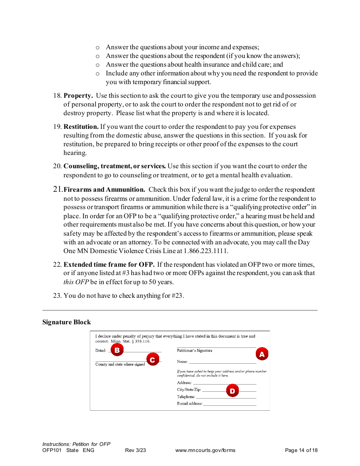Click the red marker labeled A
tap(261, 354)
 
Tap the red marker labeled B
tap(117, 350)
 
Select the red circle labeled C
tap(152, 360)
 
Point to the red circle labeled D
tap(232, 391)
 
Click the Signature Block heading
tap(67, 322)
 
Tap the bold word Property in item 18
tap(78, 96)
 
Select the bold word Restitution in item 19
tap(81, 127)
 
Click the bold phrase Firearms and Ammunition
tap(104, 190)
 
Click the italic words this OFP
tap(76, 282)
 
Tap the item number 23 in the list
tap(57, 296)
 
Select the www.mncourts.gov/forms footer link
tap(205, 450)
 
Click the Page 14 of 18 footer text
tap(301, 450)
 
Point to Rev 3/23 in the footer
tap(135, 450)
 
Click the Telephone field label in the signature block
tap(186, 397)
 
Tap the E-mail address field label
tap(189, 403)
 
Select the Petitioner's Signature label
tap(194, 350)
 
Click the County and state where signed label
tap(120, 364)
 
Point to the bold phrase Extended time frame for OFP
tap(109, 264)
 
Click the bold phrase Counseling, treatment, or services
tap(114, 166)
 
